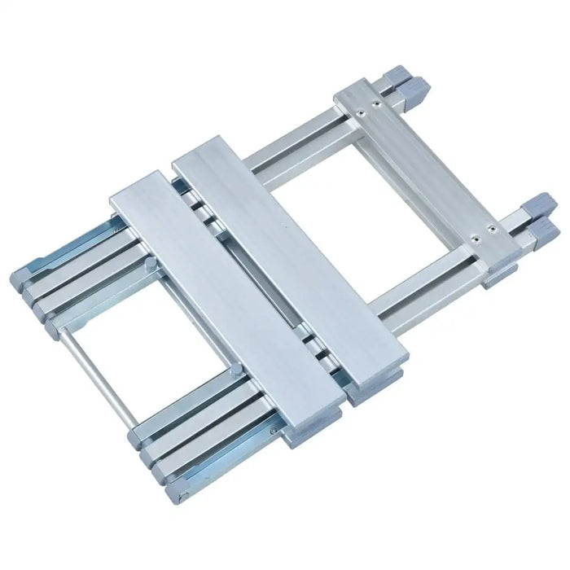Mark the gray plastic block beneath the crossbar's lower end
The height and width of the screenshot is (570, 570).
click(x=498, y=275)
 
